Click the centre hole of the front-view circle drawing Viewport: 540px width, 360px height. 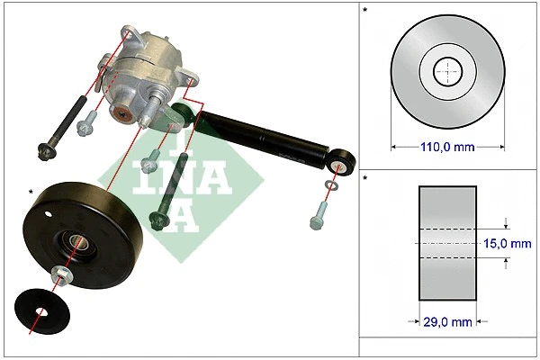pos(446,71)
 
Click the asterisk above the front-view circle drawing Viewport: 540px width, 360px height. pos(364,12)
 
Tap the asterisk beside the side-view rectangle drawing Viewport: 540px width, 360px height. pos(364,180)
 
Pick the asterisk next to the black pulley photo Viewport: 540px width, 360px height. pos(32,192)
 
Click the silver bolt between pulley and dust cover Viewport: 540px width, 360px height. pos(61,274)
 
